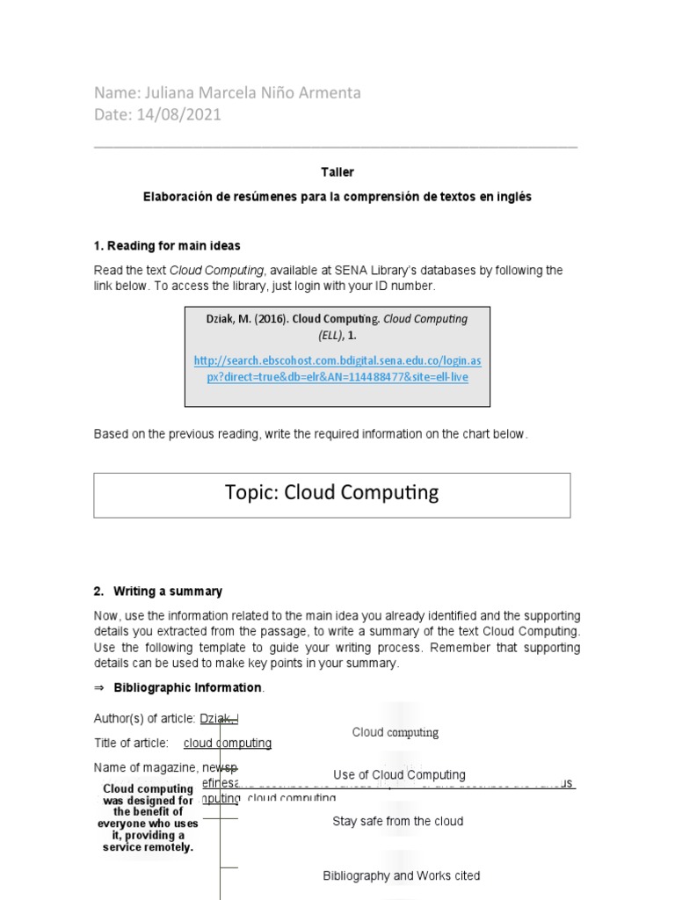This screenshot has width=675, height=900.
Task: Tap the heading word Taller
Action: click(x=337, y=172)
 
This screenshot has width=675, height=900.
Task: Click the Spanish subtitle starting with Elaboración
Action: click(x=337, y=198)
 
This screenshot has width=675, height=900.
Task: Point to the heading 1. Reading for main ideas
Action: click(x=167, y=246)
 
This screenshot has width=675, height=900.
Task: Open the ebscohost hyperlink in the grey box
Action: click(x=337, y=369)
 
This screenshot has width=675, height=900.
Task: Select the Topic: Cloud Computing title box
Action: click(x=332, y=494)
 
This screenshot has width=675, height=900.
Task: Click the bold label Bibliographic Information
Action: click(x=187, y=687)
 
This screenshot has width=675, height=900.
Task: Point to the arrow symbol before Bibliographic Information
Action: click(x=99, y=687)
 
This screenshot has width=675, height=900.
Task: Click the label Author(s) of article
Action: click(x=145, y=719)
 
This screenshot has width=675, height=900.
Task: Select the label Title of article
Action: click(x=131, y=744)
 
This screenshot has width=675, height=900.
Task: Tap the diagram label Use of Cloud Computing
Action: click(x=399, y=775)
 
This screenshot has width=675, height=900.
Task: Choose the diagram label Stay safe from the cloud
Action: click(x=397, y=822)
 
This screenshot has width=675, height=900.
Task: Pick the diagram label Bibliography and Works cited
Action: click(x=401, y=876)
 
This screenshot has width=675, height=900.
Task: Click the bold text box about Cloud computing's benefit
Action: click(x=148, y=818)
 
